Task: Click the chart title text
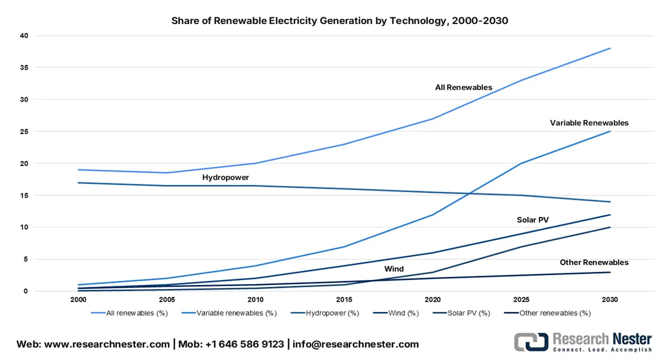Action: (339, 21)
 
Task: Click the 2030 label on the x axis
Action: (610, 300)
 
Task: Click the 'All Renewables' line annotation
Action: (464, 88)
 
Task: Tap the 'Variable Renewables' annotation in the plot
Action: (589, 123)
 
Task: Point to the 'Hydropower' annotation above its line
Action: (225, 177)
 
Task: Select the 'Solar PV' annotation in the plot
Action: (532, 220)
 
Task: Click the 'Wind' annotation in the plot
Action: (394, 269)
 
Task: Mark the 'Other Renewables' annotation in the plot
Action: (594, 263)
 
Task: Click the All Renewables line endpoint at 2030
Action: (610, 48)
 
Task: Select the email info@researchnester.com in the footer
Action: (355, 344)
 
